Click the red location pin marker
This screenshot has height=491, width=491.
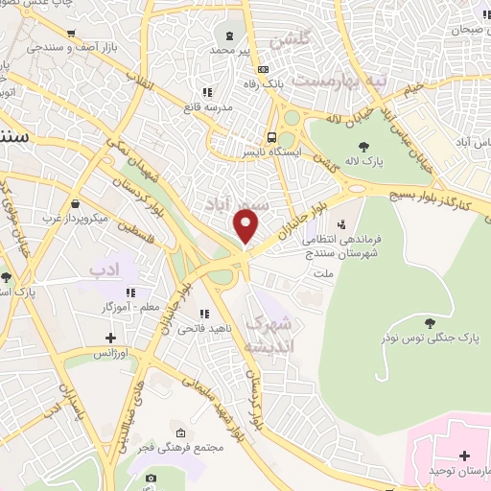point(246,227)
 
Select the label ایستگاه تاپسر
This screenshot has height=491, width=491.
point(274,152)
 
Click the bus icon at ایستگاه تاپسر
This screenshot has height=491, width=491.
point(273,136)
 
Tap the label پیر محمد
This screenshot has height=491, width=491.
point(230,49)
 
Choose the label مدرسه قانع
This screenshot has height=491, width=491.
point(213,107)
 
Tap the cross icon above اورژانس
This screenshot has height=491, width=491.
point(111,338)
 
